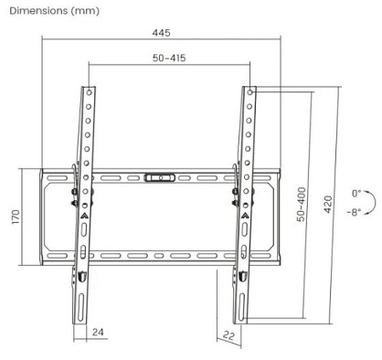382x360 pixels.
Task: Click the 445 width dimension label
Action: [161, 33]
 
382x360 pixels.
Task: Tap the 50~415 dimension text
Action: [169, 58]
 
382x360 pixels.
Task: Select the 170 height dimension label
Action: [16, 217]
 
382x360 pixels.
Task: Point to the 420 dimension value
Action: [327, 204]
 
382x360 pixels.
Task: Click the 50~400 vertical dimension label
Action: [301, 204]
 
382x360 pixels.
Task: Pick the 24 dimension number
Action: [98, 332]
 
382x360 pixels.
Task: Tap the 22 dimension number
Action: [228, 335]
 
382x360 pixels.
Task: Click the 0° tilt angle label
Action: [356, 194]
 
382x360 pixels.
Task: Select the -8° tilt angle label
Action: [355, 212]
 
